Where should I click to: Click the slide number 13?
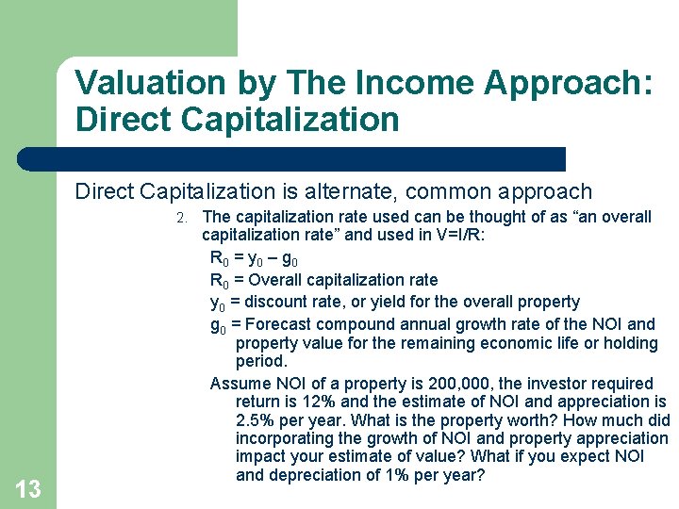tap(28, 488)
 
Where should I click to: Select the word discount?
tap(273, 302)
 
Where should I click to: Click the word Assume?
tap(238, 384)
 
